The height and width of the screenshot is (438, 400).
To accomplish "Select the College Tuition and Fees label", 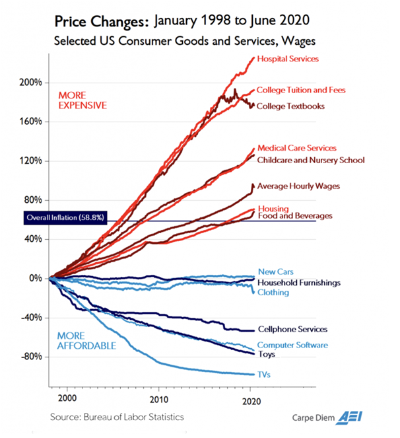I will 300,90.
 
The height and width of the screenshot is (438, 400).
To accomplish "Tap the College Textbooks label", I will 290,106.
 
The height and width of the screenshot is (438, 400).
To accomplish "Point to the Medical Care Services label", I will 296,148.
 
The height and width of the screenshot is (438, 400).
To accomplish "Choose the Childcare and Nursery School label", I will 310,160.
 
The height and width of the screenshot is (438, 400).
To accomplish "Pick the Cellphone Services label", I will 292,329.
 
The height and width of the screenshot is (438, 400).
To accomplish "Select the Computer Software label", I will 292,345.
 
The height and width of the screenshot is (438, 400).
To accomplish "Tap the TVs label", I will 264,375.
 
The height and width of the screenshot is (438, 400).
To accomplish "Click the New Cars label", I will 275,272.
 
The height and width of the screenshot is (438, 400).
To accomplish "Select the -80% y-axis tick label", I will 32,357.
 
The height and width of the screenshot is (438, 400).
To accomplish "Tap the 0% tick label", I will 36,278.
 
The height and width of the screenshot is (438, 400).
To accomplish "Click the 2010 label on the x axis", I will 158,400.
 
